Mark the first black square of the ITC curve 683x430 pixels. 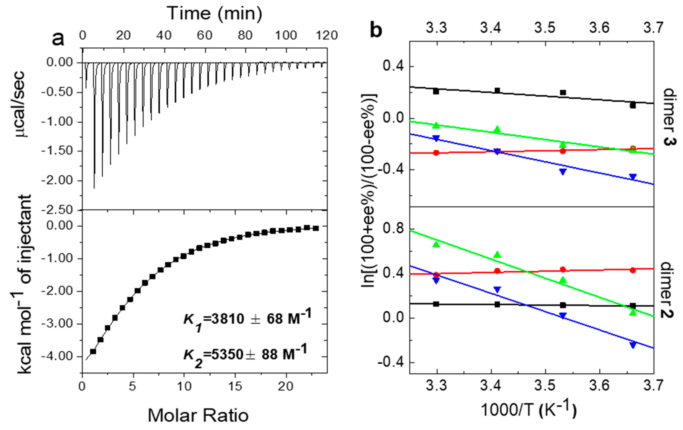pos(93,351)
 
